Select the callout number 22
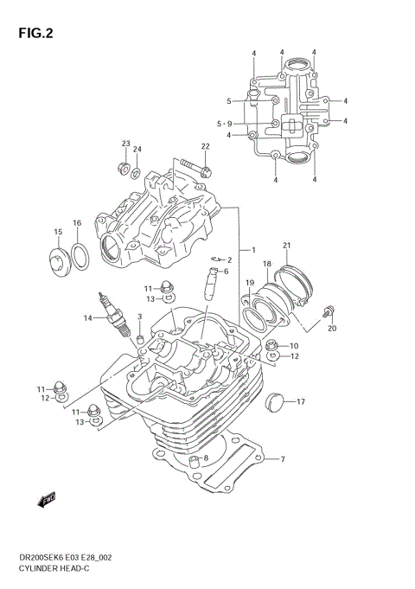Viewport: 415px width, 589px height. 206,146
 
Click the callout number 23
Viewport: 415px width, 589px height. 125,144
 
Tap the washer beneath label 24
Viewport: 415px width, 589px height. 136,172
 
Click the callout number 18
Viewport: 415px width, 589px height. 266,263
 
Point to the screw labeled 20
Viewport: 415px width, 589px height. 329,312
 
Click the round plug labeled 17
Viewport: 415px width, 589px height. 277,400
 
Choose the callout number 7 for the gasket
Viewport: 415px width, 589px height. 281,459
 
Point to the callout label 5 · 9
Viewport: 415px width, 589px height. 224,124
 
